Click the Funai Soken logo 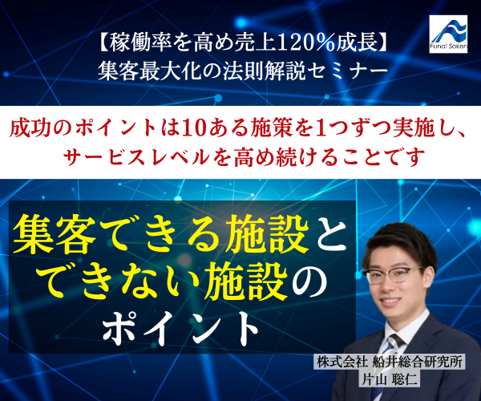point(448,34)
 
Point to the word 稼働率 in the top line point(138,43)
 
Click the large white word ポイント point(180,330)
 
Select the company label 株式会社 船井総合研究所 point(390,362)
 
